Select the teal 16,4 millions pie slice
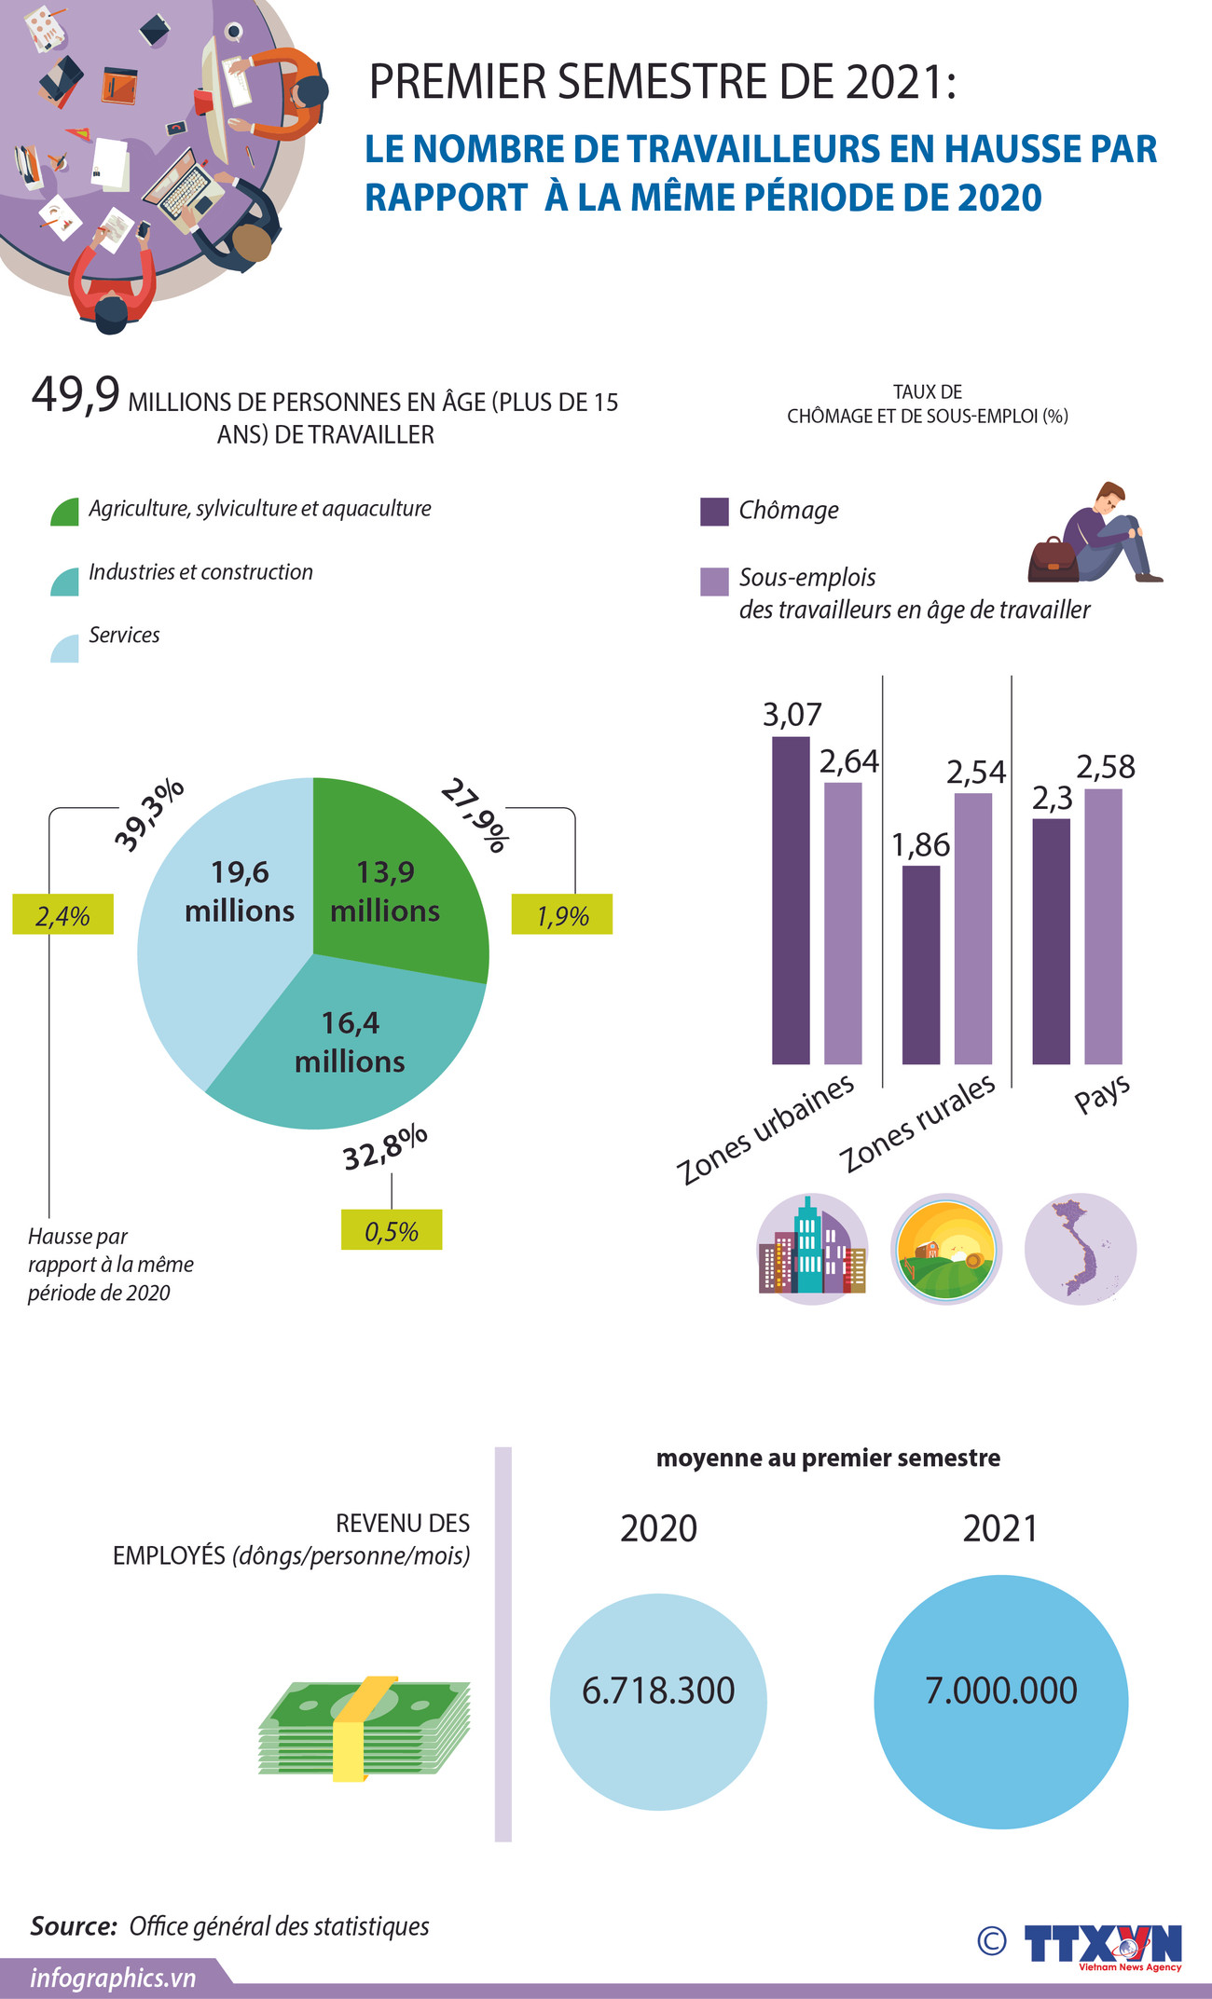[354, 1044]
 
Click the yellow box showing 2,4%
[62, 914]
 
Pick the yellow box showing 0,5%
[392, 1230]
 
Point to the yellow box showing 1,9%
[562, 914]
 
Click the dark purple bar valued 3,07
[791, 899]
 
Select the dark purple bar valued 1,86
[921, 965]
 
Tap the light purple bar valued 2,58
[1103, 926]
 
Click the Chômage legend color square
[714, 512]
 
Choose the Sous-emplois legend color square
[714, 582]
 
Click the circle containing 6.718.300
[658, 1702]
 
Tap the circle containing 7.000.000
[1000, 1702]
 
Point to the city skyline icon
[812, 1249]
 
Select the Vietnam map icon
[1081, 1249]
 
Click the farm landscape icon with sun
[946, 1249]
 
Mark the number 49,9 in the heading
[76, 395]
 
